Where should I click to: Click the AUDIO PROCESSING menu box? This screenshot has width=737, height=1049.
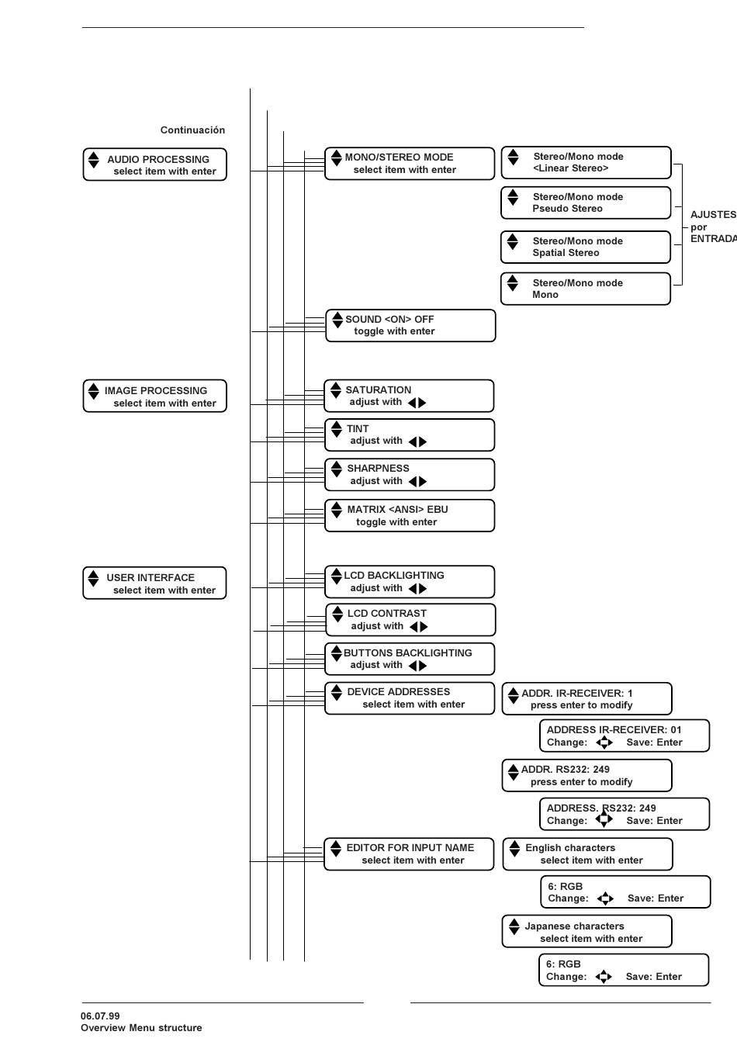coord(154,164)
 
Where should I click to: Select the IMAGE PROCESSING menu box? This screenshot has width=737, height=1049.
coord(154,396)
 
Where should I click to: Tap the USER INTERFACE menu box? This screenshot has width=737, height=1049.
coord(154,583)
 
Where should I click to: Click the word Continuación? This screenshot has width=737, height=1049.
coord(192,130)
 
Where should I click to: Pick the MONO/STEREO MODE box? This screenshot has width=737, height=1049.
coord(410,164)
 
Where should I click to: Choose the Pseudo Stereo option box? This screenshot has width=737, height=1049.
coord(586,203)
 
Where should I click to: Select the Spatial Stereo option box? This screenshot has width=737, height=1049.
coord(586,247)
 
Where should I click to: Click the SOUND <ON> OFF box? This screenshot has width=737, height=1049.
coord(410,325)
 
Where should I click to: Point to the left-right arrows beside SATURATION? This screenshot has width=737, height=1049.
coord(417,402)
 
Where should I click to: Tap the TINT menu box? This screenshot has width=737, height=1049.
coord(410,435)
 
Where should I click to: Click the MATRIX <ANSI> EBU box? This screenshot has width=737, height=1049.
coord(410,516)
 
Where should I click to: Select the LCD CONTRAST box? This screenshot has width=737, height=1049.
coord(410,620)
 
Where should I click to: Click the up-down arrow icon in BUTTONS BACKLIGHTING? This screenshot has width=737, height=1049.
coord(336,653)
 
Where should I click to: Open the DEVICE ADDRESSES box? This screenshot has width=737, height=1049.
coord(410,698)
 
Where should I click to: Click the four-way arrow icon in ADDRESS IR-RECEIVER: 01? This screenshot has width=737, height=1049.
coord(604,743)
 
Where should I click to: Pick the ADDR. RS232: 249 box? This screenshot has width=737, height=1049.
coord(587,776)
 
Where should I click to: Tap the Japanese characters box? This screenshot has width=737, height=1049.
coord(587,932)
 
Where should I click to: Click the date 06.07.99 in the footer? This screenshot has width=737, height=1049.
coord(100,1016)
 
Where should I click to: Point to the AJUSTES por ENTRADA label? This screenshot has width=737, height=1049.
coord(714,227)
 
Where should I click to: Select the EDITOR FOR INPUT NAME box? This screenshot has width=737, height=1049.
coord(409,854)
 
